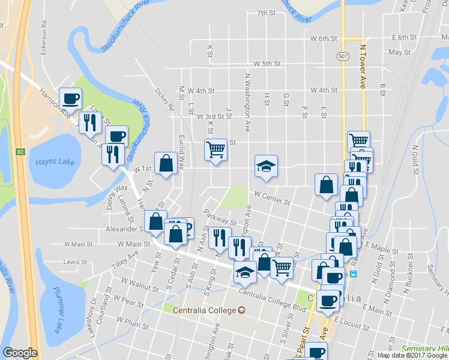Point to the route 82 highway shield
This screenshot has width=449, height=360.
point(20,152)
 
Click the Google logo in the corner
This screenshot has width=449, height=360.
point(20,353)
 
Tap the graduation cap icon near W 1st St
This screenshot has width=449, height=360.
point(266,166)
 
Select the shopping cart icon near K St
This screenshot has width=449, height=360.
point(215,149)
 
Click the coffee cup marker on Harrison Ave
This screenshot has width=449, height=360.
point(70,98)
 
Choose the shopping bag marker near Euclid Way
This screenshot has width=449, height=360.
point(166,162)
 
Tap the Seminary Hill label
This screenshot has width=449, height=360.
point(424,349)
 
